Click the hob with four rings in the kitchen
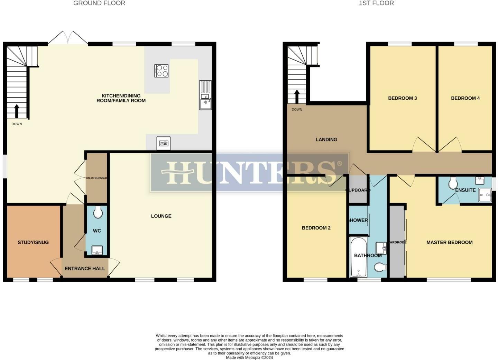(x=161, y=71)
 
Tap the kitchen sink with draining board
(x=205, y=95)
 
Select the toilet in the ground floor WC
(x=98, y=212)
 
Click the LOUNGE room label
(x=161, y=216)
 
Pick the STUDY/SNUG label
(x=33, y=242)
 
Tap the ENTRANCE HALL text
(x=85, y=268)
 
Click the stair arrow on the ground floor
(x=16, y=110)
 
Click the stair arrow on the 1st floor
(x=296, y=97)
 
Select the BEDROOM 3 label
(x=402, y=98)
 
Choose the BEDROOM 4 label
(x=465, y=98)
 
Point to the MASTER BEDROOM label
(x=449, y=242)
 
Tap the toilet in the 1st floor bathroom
(x=380, y=267)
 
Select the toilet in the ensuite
(x=452, y=183)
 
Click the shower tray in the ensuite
(x=485, y=195)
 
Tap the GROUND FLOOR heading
(x=99, y=3)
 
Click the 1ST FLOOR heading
(x=376, y=3)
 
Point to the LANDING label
(x=326, y=139)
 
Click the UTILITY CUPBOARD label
(x=96, y=178)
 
